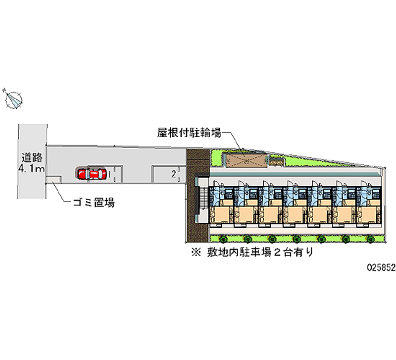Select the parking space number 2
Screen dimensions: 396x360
click(x=173, y=173)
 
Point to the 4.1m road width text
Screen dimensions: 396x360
click(x=31, y=169)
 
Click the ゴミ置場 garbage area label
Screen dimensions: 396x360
click(x=94, y=203)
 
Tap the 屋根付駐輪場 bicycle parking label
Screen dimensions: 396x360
click(x=189, y=132)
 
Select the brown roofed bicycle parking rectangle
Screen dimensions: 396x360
click(x=244, y=159)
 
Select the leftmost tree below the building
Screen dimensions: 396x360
click(x=222, y=239)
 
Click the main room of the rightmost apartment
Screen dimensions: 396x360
click(x=368, y=215)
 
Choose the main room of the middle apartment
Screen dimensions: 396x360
click(x=295, y=215)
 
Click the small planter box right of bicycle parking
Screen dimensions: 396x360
click(x=276, y=159)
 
